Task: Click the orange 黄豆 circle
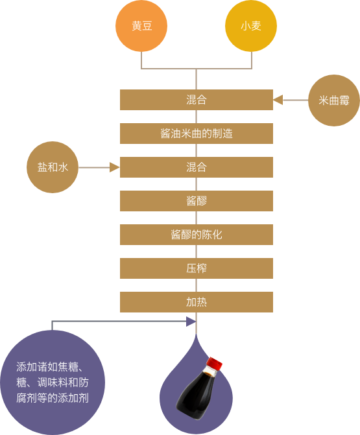[141, 26]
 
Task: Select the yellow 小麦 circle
[251, 26]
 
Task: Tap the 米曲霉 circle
[334, 100]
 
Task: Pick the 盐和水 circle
[53, 167]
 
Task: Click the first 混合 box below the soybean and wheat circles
[197, 100]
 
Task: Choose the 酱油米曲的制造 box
[197, 134]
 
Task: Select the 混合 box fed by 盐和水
[197, 167]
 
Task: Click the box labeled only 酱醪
[197, 201]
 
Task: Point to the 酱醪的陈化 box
[197, 235]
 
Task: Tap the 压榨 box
[197, 268]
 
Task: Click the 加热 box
[197, 302]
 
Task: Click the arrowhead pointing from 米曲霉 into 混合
[278, 100]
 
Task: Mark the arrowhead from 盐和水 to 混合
[115, 167]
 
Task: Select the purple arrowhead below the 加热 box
[191, 322]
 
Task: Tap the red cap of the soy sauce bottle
[215, 363]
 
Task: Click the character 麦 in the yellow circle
[256, 26]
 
